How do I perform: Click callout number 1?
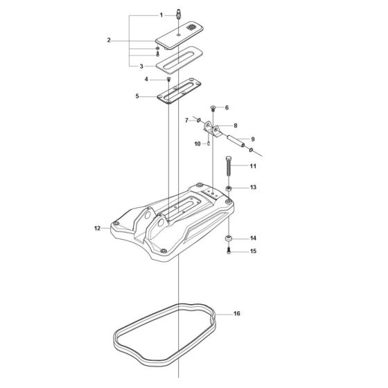click(161, 15)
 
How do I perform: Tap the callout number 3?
click(141, 66)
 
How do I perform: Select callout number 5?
click(137, 96)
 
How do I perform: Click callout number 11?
click(253, 166)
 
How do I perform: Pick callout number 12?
click(97, 228)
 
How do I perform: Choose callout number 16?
click(237, 314)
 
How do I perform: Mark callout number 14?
click(253, 238)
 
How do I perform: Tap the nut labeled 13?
click(228, 188)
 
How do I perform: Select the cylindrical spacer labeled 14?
click(228, 240)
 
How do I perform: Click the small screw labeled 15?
click(228, 251)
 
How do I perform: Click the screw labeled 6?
click(213, 108)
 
